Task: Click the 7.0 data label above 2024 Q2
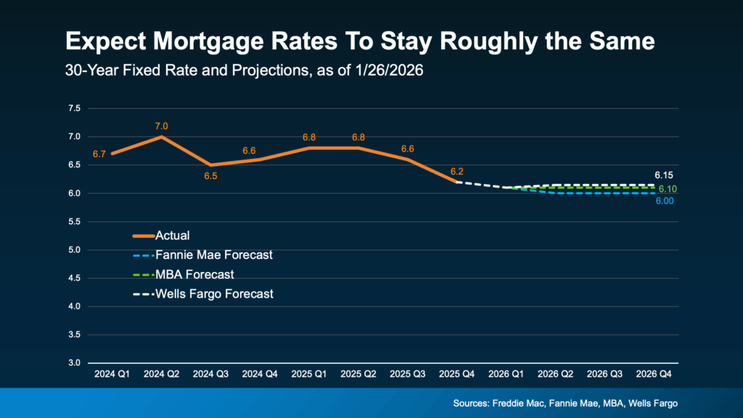click(x=161, y=126)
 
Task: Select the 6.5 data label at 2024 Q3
click(x=211, y=176)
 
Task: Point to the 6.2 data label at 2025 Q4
click(x=456, y=172)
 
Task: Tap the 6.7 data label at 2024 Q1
click(x=99, y=154)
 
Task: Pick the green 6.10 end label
click(x=668, y=189)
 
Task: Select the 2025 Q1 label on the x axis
click(x=309, y=376)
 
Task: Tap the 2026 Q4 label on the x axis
click(x=653, y=376)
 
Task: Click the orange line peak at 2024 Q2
click(x=162, y=136)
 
